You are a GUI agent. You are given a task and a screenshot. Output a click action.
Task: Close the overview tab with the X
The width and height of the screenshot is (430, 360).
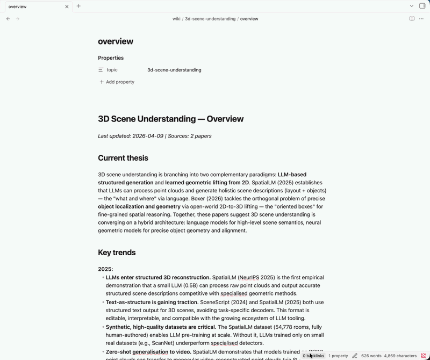coord(67,6)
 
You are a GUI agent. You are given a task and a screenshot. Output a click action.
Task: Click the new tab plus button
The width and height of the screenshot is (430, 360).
coord(78,6)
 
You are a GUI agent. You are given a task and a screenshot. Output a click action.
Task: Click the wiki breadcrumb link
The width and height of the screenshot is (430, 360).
coord(176,19)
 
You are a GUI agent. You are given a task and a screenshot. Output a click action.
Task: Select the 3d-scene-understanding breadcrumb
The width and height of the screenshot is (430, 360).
coord(210,19)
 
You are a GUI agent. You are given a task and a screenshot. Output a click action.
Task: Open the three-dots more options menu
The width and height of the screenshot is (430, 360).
coord(421,19)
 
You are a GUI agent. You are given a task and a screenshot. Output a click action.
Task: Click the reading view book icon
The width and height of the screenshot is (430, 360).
coord(412,19)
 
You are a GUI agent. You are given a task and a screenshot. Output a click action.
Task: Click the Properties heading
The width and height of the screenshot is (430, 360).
coord(111,58)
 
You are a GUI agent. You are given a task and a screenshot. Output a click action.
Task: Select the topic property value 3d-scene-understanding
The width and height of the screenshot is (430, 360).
coord(174,70)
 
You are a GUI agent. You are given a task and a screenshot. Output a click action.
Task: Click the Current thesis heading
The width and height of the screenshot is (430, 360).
coord(123,158)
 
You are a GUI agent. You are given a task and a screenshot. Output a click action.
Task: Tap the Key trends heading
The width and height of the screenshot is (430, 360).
coord(117,253)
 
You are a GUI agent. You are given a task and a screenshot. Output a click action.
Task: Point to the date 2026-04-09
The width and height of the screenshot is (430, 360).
coord(148,136)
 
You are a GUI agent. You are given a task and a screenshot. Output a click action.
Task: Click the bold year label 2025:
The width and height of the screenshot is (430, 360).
coord(105,269)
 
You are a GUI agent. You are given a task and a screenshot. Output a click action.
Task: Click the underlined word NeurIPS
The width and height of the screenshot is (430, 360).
coord(249,278)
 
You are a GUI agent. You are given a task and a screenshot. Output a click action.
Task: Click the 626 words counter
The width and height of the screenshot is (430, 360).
coord(371,356)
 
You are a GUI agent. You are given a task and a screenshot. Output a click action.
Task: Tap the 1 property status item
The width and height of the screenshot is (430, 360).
coord(338,356)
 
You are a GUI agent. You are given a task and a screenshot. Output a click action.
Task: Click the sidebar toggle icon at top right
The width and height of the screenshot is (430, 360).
coord(422,6)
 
